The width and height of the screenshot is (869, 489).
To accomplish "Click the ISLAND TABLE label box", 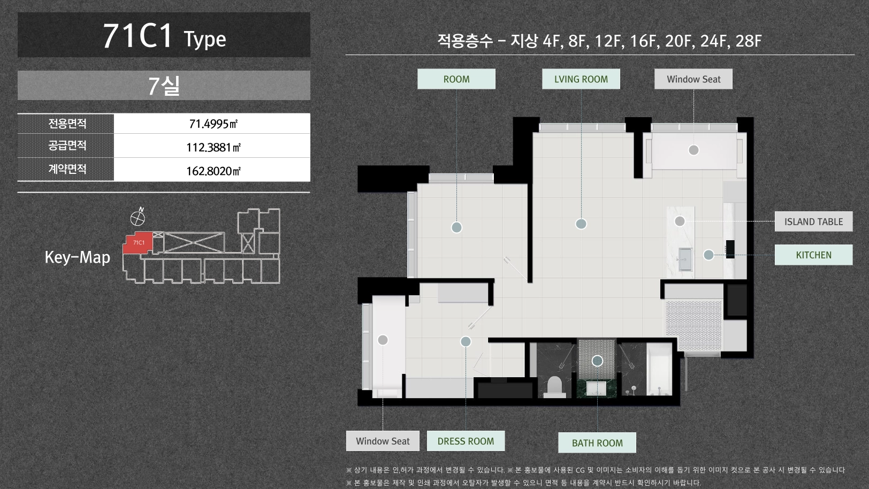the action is (x=813, y=221).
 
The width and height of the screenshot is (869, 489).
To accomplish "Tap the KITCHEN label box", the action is (x=813, y=255).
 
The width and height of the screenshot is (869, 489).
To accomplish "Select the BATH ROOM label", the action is (x=597, y=443).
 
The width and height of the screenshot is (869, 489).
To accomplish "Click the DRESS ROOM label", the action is (x=466, y=441).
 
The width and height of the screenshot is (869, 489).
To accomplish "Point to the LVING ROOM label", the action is (x=581, y=79).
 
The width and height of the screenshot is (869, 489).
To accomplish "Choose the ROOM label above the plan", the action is (x=456, y=79).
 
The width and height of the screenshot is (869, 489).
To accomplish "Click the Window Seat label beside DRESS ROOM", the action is (x=383, y=441).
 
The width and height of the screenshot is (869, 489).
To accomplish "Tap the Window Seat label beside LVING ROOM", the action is (x=693, y=79).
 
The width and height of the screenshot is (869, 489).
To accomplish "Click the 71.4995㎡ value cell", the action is (x=212, y=124).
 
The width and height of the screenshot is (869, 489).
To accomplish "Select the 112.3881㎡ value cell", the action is (x=212, y=147).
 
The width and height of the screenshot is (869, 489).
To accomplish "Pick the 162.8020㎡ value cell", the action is (x=212, y=170).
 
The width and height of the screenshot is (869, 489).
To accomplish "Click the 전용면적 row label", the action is (x=67, y=124).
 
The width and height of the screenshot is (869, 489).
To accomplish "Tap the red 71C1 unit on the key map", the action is (x=138, y=243).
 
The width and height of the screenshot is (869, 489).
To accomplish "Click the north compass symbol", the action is (x=138, y=217).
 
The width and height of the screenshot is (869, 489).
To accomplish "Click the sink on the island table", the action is (x=685, y=258).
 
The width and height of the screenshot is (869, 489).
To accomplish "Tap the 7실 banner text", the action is (x=164, y=86).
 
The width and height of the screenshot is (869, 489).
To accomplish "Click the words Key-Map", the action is (x=77, y=257).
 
